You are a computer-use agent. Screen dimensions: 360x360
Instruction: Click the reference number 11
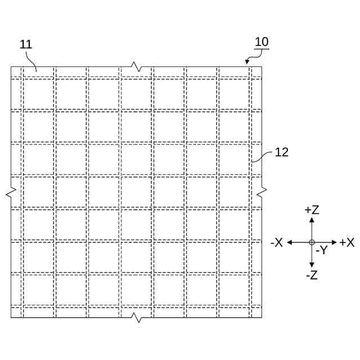tap(26, 44)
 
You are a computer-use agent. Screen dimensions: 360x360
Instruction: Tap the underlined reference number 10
tap(262, 42)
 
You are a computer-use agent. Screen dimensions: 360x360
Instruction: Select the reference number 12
tap(281, 152)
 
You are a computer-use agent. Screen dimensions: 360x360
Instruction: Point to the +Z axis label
tap(312, 210)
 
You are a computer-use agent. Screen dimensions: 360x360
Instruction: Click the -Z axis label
tap(312, 275)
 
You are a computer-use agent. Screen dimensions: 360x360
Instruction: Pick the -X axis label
tap(276, 242)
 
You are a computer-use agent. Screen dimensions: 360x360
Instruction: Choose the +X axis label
tap(346, 242)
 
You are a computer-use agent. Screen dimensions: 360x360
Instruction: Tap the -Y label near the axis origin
tap(321, 250)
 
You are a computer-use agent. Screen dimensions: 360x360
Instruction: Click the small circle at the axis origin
tap(312, 242)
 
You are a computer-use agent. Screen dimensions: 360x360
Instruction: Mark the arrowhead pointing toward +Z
tap(312, 219)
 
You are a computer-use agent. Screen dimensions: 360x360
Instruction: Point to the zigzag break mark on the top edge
tap(136, 66)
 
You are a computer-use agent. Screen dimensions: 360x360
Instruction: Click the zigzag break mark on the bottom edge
tap(136, 318)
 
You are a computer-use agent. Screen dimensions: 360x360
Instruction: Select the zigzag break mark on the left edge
tap(11, 193)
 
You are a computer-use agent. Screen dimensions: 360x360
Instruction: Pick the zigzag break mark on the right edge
tap(262, 193)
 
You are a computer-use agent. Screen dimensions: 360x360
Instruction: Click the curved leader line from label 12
tap(262, 157)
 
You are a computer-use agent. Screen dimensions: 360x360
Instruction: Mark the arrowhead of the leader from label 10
tap(247, 62)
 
